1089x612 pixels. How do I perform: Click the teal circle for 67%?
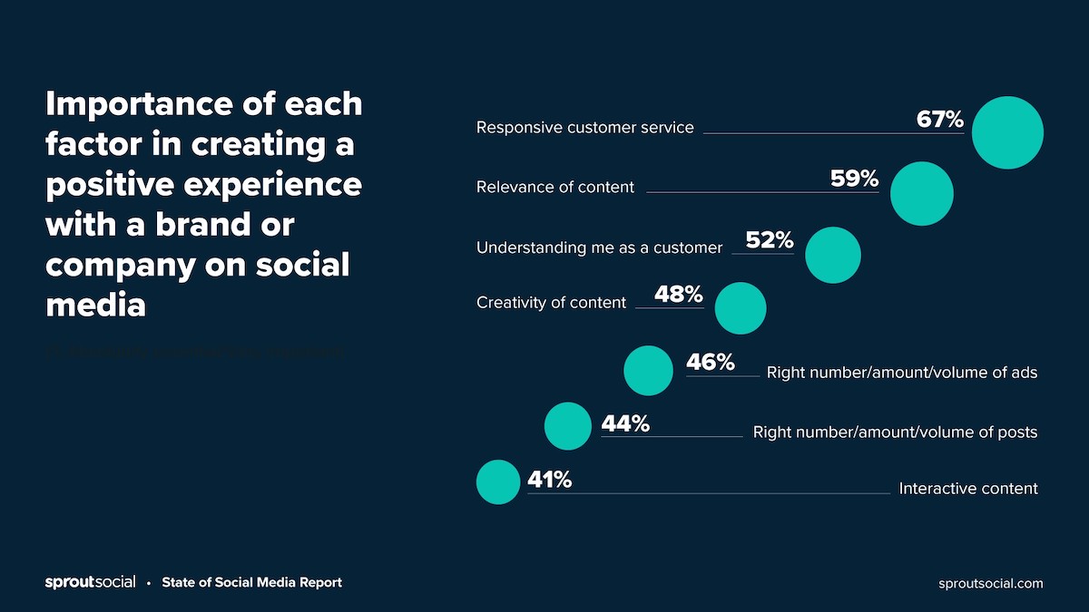coord(1007,132)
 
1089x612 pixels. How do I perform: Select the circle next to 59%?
coord(922,193)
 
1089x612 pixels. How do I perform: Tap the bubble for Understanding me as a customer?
coord(833,255)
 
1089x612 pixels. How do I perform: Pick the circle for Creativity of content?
coord(741,308)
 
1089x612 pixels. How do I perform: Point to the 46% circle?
coord(649,370)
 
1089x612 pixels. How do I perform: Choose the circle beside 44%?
coord(568,426)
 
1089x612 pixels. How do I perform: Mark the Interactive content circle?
coord(498,482)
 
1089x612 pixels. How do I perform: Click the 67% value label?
coord(939,119)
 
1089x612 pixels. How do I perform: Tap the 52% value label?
coord(770,240)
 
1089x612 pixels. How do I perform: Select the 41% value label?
coord(550,480)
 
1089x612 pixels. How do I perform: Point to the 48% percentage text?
coord(679,295)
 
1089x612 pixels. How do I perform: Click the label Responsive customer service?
coord(585,128)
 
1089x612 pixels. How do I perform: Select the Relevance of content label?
coord(555,188)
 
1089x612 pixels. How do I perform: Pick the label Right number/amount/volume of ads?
coord(901,373)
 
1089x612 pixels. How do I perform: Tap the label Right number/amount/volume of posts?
coord(895,432)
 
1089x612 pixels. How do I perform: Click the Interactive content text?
coord(968,489)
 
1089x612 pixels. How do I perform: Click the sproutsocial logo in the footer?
coord(91,583)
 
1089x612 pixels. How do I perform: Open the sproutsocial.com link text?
coord(991,584)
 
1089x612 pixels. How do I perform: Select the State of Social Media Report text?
coord(251,583)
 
